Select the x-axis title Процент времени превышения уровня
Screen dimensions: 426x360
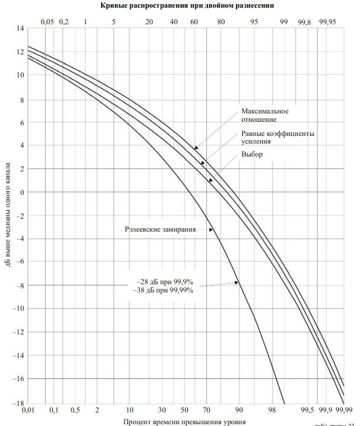[183, 421]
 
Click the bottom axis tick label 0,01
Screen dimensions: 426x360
[27, 409]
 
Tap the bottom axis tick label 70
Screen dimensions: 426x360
[206, 409]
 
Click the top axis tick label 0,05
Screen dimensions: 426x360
[47, 21]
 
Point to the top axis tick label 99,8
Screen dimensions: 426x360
[304, 21]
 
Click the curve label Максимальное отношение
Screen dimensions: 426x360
[265, 116]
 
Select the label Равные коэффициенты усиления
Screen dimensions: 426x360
[277, 137]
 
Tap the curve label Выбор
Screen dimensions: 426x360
[252, 154]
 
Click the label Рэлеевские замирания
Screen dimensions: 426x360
[160, 229]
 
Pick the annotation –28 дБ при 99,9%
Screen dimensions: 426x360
[166, 282]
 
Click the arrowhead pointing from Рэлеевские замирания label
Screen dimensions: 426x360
[210, 229]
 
